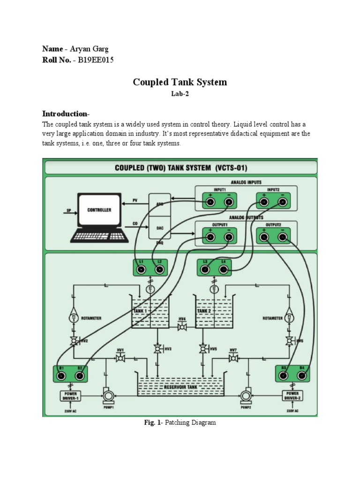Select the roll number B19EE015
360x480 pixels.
[93, 60]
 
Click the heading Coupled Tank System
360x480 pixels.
[180, 82]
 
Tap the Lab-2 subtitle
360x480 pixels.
[180, 94]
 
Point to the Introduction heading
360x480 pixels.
[65, 114]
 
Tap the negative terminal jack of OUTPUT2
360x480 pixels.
[282, 238]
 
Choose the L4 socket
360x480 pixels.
[223, 270]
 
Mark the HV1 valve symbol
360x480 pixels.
[120, 358]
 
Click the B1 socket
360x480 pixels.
[60, 375]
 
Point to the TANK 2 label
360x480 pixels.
[204, 311]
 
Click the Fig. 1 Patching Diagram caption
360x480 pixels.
[180, 423]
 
